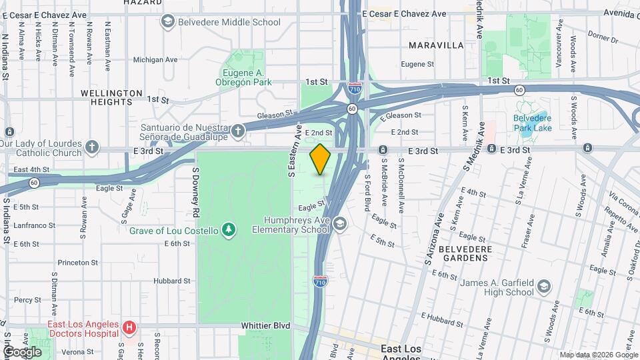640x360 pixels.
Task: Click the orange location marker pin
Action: click(x=321, y=159)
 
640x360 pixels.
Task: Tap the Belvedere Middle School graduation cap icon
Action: click(x=167, y=22)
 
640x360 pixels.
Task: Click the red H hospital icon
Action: click(x=129, y=328)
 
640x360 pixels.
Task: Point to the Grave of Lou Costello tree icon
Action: click(x=229, y=230)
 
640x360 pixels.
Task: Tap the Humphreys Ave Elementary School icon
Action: click(x=340, y=223)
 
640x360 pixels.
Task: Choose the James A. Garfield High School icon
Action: click(x=544, y=287)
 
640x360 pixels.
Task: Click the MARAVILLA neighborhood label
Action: click(x=436, y=45)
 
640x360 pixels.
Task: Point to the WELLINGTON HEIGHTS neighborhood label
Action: click(x=111, y=97)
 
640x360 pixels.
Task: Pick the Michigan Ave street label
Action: click(x=155, y=59)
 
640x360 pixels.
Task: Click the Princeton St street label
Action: click(x=77, y=263)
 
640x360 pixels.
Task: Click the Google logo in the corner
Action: click(x=21, y=351)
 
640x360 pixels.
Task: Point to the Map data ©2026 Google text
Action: click(x=598, y=355)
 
